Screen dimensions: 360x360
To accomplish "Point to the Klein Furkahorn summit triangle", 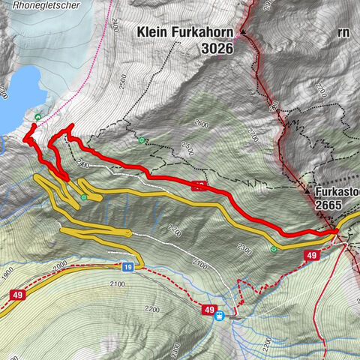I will coord(243,32).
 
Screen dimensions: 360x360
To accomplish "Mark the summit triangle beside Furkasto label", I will coord(309,191).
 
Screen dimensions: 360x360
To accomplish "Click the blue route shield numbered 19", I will coord(128,266).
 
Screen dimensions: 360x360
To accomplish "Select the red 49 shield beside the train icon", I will coord(209,308).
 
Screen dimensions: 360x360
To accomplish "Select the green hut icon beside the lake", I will coord(37,116).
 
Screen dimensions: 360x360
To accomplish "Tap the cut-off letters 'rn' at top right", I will coord(343,32).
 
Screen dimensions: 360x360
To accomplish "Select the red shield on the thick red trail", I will coord(199,185).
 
